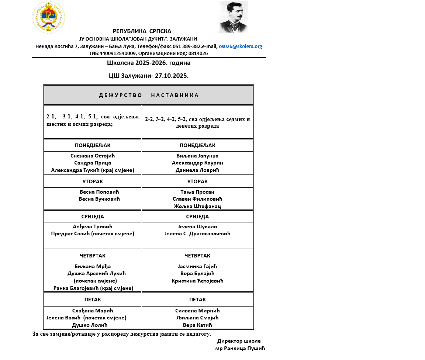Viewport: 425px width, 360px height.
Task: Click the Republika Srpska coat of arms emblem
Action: [49, 17]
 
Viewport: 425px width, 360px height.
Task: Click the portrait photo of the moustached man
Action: [234, 17]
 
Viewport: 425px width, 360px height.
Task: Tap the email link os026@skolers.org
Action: [241, 46]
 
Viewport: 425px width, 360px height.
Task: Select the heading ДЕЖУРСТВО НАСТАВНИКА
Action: [149, 95]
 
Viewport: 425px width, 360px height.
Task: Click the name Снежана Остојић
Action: [93, 156]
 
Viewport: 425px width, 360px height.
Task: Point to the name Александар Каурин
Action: [197, 163]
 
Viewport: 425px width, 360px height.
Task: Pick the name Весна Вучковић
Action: [99, 199]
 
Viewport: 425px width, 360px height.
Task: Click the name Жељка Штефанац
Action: [197, 206]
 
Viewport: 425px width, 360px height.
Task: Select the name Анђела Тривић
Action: [93, 226]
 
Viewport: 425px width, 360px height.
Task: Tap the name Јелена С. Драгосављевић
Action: [197, 233]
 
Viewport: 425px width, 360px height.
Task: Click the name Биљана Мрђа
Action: [93, 267]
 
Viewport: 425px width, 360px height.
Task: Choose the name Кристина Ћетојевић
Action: [197, 281]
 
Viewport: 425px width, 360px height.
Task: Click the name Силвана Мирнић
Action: [197, 311]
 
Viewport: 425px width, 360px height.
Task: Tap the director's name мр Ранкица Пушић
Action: [240, 348]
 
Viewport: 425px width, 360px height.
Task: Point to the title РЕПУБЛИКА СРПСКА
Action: [142, 31]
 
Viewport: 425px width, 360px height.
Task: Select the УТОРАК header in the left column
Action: [93, 181]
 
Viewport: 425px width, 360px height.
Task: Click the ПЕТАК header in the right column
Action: [197, 300]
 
